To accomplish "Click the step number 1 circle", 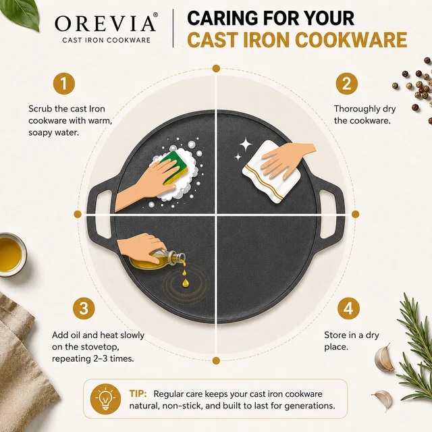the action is (x=64, y=84).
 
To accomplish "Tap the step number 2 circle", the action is (x=346, y=84).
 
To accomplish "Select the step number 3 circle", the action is (x=84, y=308).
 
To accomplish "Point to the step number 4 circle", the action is (x=348, y=308).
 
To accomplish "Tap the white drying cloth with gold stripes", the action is (x=271, y=173).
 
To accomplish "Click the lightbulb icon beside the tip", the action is (x=105, y=399).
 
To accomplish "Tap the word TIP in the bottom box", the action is (x=138, y=394).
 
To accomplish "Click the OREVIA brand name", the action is (x=106, y=23).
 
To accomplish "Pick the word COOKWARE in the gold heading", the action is (x=351, y=40).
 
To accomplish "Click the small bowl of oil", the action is (x=11, y=255).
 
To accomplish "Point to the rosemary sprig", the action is (x=414, y=347).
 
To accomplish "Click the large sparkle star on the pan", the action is (x=246, y=144).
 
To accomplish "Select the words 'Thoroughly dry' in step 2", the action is (x=364, y=109).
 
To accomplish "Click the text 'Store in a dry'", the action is (x=352, y=335).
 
